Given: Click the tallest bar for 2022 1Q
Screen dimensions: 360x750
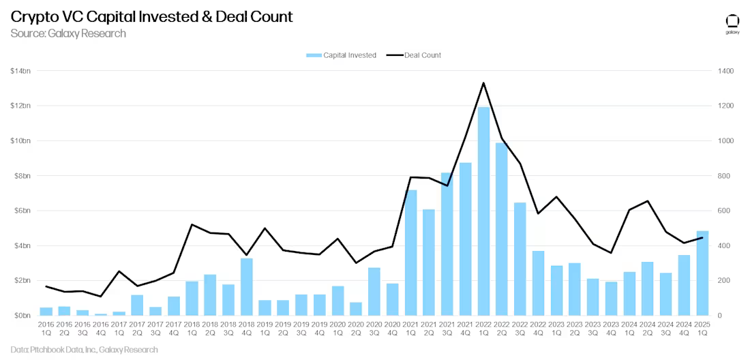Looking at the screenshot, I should tap(483, 211).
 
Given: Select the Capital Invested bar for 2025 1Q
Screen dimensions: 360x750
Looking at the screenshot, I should tap(702, 273).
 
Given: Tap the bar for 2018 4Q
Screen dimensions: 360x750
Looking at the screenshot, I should tap(247, 287).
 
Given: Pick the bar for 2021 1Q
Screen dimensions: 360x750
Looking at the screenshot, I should tap(410, 253).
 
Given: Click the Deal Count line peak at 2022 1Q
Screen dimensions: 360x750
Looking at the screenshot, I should tap(483, 83).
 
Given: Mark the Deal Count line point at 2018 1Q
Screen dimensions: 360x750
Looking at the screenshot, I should tap(192, 224).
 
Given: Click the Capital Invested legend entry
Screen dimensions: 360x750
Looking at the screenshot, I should tap(342, 55).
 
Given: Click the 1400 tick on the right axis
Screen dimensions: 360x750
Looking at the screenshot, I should tap(725, 71).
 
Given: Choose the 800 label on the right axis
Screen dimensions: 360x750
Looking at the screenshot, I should tap(723, 176).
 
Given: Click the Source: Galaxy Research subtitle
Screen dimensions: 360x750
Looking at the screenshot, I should tap(68, 33).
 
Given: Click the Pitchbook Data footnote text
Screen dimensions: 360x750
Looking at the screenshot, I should tap(85, 350).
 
